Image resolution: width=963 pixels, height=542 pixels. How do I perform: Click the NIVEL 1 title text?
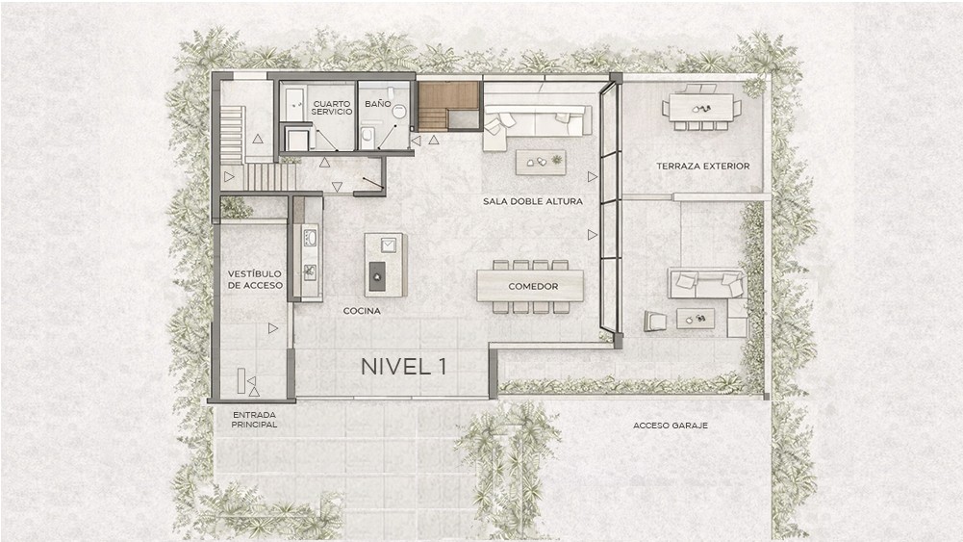tap(403, 366)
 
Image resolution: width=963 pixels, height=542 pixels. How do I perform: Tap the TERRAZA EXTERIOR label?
tap(702, 166)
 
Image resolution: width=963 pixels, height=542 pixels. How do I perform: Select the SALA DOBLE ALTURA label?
tap(532, 201)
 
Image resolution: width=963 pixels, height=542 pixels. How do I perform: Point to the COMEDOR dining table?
tap(530, 286)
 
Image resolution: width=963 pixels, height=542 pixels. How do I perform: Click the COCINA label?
tap(362, 311)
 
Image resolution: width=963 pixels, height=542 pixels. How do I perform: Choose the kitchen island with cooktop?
tap(385, 264)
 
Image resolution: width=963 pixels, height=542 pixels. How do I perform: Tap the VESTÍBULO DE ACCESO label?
tap(255, 279)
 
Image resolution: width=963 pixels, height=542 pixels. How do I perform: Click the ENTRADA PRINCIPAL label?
tap(254, 420)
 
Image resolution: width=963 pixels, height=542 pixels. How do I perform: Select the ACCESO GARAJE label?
tap(671, 426)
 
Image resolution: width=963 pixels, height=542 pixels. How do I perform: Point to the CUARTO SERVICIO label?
tap(332, 108)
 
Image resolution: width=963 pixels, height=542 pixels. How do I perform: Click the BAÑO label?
tap(378, 104)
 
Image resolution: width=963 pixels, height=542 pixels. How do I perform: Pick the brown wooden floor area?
tap(448, 106)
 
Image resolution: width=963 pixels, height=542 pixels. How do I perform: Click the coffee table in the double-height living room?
tap(541, 163)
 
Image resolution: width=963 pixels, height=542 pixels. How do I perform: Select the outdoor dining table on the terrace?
tap(701, 108)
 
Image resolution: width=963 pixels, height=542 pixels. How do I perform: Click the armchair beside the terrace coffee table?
tap(655, 321)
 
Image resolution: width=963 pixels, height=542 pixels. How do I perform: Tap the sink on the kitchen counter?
tap(310, 237)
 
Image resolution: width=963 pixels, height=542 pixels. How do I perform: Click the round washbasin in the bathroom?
tap(399, 112)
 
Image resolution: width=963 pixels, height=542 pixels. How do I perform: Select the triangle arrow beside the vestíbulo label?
tap(273, 329)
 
